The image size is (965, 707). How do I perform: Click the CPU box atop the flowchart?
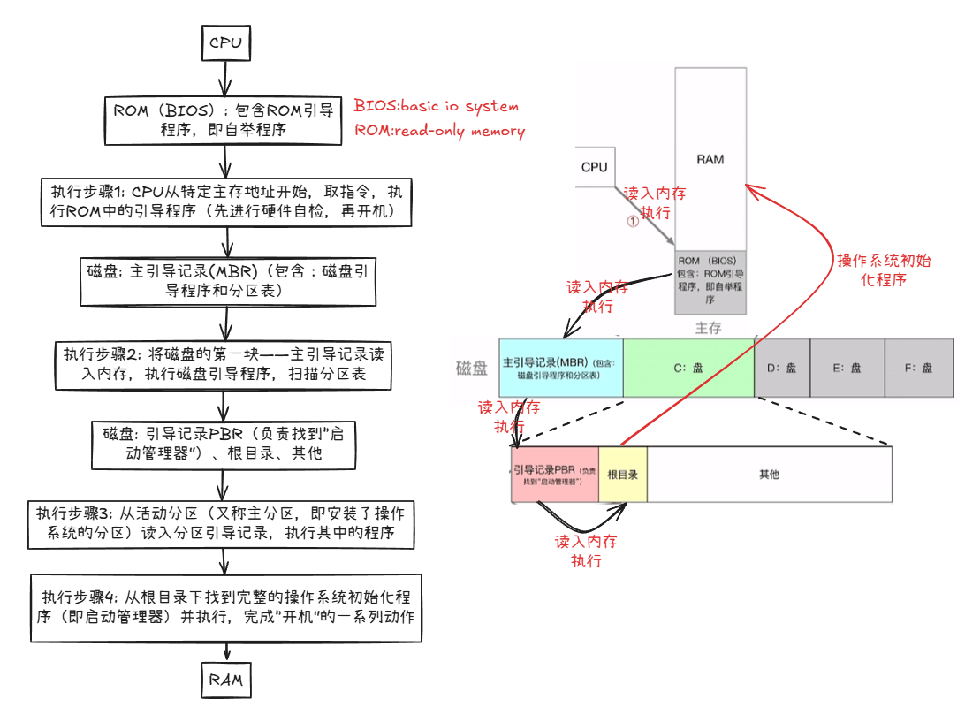(225, 42)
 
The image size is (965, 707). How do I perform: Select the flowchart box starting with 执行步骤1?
(226, 202)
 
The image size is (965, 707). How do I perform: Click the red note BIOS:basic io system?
(437, 106)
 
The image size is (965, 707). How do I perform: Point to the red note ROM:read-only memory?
(439, 131)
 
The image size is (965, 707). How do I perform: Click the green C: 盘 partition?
(688, 368)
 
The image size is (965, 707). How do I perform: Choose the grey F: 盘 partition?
(918, 368)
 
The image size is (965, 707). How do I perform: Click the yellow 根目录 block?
(623, 475)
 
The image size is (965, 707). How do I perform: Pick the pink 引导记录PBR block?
(555, 475)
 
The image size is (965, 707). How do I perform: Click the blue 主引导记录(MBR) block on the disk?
(561, 368)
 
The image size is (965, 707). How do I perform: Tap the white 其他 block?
(769, 475)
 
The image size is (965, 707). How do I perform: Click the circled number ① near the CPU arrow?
(632, 223)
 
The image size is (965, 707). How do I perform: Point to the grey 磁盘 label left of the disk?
(472, 369)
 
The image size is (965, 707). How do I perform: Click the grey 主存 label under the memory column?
(708, 328)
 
